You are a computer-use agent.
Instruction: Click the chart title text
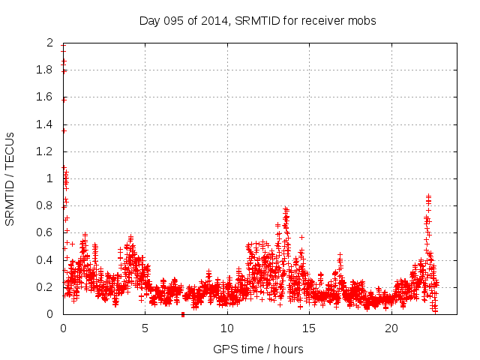click(257, 20)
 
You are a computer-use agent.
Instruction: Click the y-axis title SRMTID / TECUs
click(10, 178)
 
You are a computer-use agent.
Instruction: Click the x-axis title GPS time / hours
click(257, 349)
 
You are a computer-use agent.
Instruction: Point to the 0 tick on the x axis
click(63, 328)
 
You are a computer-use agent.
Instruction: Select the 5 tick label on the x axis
click(145, 328)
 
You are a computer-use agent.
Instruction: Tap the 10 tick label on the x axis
click(227, 328)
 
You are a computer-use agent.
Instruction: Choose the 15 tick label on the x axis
click(309, 328)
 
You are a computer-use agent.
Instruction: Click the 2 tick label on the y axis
click(50, 43)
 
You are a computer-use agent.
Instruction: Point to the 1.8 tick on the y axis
click(46, 70)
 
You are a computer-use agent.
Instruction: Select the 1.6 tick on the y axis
click(46, 97)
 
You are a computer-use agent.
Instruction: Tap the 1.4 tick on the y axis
click(46, 124)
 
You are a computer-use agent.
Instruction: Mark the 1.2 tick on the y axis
click(46, 151)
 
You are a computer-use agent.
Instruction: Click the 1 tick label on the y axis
click(50, 178)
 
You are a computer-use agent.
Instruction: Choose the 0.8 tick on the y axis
click(46, 205)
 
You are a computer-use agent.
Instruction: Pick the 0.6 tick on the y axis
click(46, 232)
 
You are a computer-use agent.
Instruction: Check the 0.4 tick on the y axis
click(46, 260)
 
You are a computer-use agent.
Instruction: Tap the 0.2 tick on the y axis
click(46, 287)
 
